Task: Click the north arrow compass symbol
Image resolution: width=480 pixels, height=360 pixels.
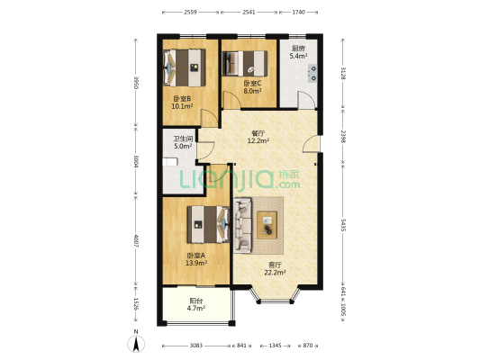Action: pyautogui.click(x=136, y=344)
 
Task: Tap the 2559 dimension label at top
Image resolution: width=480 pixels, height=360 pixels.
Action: pyautogui.click(x=190, y=13)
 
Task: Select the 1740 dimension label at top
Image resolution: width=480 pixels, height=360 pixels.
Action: pyautogui.click(x=298, y=13)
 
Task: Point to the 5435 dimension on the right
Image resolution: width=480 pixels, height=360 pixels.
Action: pyautogui.click(x=343, y=225)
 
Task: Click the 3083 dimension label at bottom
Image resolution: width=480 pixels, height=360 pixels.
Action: pyautogui.click(x=196, y=346)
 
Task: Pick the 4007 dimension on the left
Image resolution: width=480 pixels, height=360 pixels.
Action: pyautogui.click(x=137, y=240)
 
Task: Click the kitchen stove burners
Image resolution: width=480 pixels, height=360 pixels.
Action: pyautogui.click(x=313, y=74)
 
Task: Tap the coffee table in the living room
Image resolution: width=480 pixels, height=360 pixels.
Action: pyautogui.click(x=267, y=225)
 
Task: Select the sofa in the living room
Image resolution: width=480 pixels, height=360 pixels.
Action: pyautogui.click(x=243, y=225)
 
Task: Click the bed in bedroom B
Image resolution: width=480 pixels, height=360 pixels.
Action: pyautogui.click(x=185, y=67)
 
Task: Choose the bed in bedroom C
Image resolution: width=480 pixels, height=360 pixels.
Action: pyautogui.click(x=245, y=64)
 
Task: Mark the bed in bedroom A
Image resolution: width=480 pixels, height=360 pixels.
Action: pyautogui.click(x=208, y=224)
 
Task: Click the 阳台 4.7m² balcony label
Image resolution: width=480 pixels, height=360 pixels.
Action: pyautogui.click(x=196, y=304)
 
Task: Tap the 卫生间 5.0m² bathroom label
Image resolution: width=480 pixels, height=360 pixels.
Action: pyautogui.click(x=183, y=142)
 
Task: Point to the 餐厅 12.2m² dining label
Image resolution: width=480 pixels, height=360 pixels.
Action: pyautogui.click(x=258, y=137)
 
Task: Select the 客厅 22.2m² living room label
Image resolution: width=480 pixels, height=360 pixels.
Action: pyautogui.click(x=275, y=269)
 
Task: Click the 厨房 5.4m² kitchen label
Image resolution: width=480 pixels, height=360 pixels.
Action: pyautogui.click(x=298, y=52)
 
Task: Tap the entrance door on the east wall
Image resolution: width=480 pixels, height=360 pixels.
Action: pyautogui.click(x=312, y=144)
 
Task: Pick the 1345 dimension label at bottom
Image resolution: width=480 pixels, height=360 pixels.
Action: pyautogui.click(x=275, y=346)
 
